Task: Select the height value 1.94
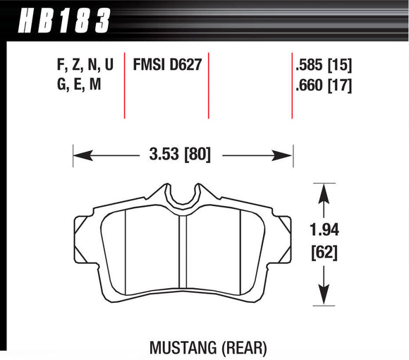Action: (324, 229)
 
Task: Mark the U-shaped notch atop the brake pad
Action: (183, 194)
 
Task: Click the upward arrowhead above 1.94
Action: (324, 189)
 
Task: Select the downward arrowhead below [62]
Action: (324, 299)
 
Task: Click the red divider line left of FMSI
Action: (124, 85)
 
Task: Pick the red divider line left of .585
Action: (292, 85)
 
